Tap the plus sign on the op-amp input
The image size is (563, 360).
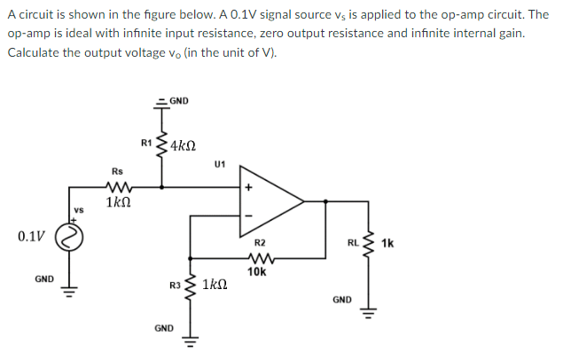click(249, 187)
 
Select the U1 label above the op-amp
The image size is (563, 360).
click(220, 164)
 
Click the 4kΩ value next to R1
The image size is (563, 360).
click(183, 145)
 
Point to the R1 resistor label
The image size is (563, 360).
click(146, 142)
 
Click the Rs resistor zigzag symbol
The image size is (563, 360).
click(117, 187)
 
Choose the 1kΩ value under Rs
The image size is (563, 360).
click(119, 203)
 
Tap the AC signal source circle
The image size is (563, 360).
click(72, 237)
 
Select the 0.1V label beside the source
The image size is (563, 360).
click(29, 237)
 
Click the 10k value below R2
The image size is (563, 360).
click(257, 272)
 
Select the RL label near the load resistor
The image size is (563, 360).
click(352, 241)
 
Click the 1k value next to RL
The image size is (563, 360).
click(387, 241)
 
